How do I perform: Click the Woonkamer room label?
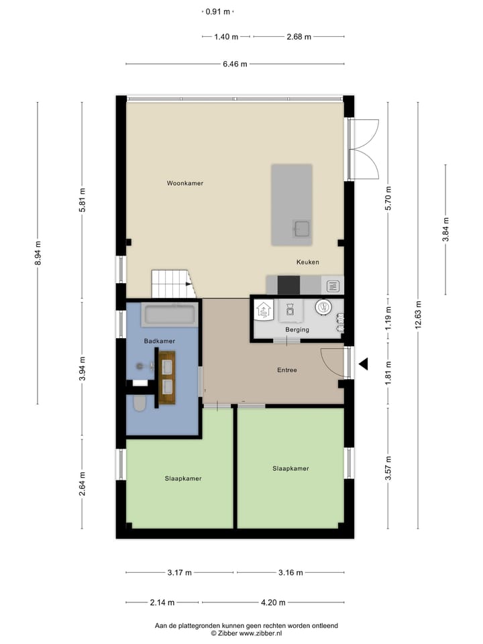pos(186,183)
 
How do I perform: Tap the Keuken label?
pos(308,262)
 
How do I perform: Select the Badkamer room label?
pos(159,341)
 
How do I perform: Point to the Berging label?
pos(297,329)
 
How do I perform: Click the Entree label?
pos(287,370)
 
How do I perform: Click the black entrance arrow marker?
pos(364,364)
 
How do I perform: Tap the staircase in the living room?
pos(172,284)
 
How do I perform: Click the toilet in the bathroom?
pos(140,403)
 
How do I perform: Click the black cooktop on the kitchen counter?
pos(288,285)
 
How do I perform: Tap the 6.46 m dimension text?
pos(235,64)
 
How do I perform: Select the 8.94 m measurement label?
pos(38,253)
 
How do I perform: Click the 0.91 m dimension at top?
pos(217,11)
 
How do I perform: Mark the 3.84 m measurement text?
pos(445,229)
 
